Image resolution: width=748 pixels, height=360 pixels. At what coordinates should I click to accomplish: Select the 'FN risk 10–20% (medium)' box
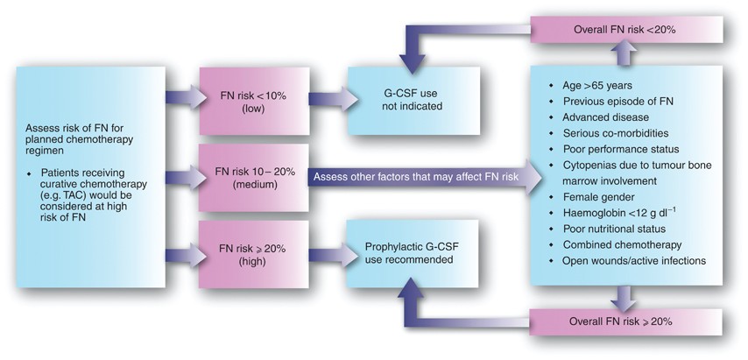click(x=247, y=177)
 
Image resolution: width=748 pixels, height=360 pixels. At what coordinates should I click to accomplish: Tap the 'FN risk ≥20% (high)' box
click(x=247, y=253)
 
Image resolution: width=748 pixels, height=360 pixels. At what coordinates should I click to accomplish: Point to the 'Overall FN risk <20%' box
click(x=623, y=31)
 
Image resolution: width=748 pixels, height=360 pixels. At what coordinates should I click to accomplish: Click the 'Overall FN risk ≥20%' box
click(x=623, y=321)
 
